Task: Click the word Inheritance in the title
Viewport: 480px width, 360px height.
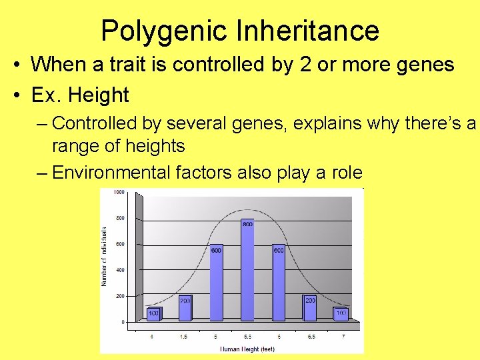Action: pyautogui.click(x=309, y=31)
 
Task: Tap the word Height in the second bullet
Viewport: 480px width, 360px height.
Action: pyautogui.click(x=98, y=95)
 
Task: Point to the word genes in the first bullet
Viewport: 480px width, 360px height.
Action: pyautogui.click(x=423, y=65)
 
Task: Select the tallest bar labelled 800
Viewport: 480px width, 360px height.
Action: pyautogui.click(x=247, y=270)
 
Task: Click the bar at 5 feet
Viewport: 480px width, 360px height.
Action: pyautogui.click(x=216, y=283)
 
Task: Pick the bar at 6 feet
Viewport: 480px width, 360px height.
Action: pyautogui.click(x=279, y=283)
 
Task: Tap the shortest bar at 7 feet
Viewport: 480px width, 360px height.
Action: pyautogui.click(x=341, y=315)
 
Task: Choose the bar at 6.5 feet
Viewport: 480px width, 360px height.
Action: pyautogui.click(x=310, y=308)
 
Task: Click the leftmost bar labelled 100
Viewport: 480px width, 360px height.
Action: pyautogui.click(x=154, y=315)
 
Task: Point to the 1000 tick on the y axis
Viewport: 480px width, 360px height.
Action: pyautogui.click(x=119, y=192)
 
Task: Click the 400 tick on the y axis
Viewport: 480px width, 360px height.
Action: pyautogui.click(x=119, y=270)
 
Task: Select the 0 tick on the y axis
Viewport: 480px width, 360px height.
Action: pyautogui.click(x=122, y=322)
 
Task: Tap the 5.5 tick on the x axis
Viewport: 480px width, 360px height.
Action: pyautogui.click(x=247, y=337)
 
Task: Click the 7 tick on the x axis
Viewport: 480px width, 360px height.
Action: pyautogui.click(x=343, y=337)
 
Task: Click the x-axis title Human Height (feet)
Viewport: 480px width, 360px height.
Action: pyautogui.click(x=247, y=349)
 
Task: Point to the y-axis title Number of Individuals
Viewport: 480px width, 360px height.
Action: pyautogui.click(x=104, y=257)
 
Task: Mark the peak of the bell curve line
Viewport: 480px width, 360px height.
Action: pyautogui.click(x=247, y=210)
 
